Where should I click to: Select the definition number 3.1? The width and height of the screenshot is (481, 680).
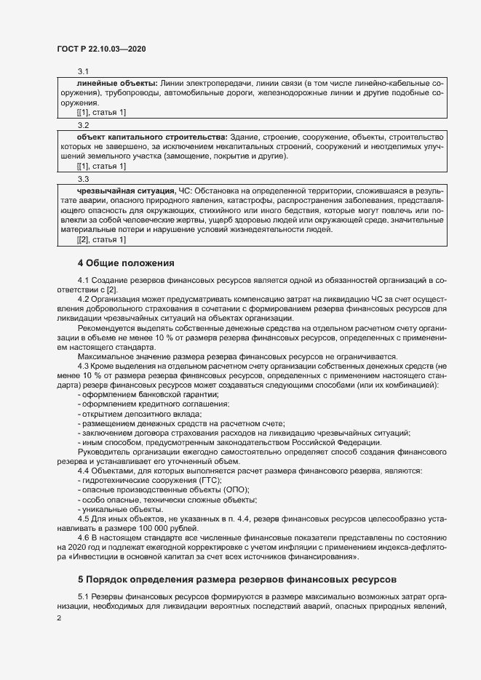83,71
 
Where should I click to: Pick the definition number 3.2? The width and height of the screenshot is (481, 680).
83,124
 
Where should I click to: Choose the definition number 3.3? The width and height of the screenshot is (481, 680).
83,177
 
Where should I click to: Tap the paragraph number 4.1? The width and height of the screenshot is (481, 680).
84,281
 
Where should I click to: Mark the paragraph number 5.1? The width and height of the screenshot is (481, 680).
84,596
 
